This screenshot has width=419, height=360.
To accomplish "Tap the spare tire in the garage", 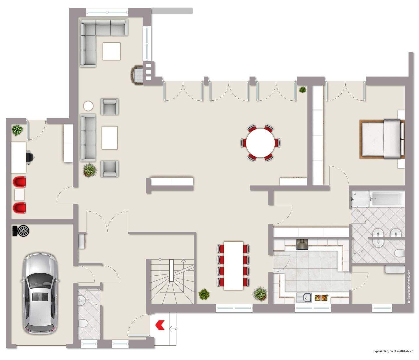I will pyautogui.click(x=21, y=231).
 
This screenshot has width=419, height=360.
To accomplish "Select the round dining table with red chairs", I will pyautogui.click(x=260, y=143).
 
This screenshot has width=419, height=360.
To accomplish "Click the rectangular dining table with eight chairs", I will pyautogui.click(x=233, y=265).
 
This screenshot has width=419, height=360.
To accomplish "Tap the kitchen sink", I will pyautogui.click(x=304, y=297).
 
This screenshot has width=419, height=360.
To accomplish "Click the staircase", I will pyautogui.click(x=171, y=281).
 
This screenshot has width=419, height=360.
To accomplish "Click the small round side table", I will pyautogui.click(x=88, y=106).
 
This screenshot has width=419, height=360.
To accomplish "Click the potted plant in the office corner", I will pyautogui.click(x=17, y=130).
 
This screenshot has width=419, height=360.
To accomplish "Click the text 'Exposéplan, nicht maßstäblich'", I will pyautogui.click(x=393, y=351).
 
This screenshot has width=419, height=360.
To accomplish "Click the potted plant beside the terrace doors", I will pyautogui.click(x=303, y=89).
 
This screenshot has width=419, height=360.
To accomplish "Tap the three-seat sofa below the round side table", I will pyautogui.click(x=88, y=138).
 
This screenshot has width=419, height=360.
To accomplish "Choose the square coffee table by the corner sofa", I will pyautogui.click(x=111, y=51).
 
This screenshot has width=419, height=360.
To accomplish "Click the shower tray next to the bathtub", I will pyautogui.click(x=360, y=199).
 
